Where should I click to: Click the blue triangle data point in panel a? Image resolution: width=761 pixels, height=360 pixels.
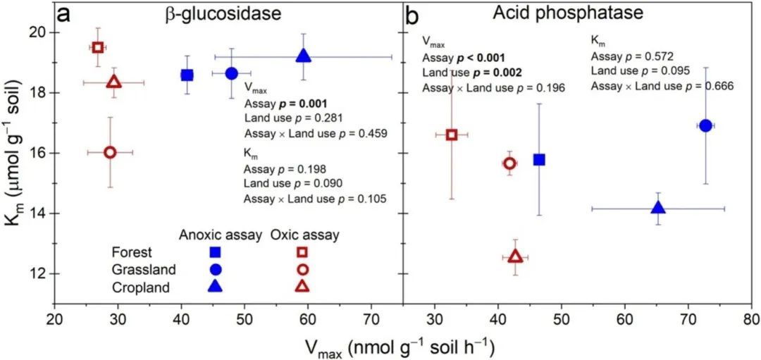(x=304, y=56)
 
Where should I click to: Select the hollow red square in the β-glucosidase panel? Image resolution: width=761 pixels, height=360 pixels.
(x=98, y=47)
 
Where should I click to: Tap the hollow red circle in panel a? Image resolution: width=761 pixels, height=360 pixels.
(x=110, y=152)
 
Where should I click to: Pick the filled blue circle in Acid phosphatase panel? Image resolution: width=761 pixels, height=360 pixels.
(x=705, y=125)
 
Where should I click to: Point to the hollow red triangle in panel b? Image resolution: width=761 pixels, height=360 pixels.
(x=515, y=256)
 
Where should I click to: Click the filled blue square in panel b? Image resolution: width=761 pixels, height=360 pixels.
(x=539, y=159)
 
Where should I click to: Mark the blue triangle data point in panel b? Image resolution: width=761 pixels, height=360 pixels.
(x=659, y=208)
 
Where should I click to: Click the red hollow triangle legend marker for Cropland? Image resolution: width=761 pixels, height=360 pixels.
(x=303, y=286)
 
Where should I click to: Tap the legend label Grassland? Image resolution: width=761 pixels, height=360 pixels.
(x=138, y=270)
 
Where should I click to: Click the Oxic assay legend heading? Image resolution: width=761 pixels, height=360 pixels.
(x=304, y=235)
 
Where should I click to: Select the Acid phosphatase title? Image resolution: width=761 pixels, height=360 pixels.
(x=569, y=13)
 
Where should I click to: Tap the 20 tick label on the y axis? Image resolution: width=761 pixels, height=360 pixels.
(x=39, y=32)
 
